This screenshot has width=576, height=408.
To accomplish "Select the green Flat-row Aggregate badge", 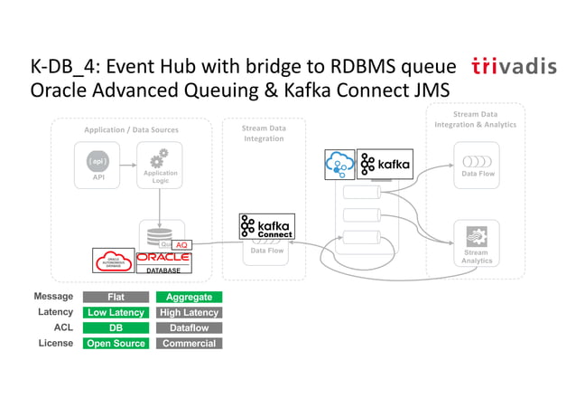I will (x=189, y=297).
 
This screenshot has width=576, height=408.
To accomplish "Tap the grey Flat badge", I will (x=116, y=297).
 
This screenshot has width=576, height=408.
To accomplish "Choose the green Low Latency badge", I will (x=116, y=312).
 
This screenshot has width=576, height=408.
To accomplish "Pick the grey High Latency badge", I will (x=189, y=312).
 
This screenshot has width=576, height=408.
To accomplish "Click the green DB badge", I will (x=116, y=327).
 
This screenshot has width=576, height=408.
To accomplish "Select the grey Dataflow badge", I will (x=189, y=327).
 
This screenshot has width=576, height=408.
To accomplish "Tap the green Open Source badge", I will (x=116, y=343).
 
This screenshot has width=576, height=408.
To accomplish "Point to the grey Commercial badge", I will (x=189, y=343).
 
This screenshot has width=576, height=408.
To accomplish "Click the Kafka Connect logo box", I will (x=266, y=226).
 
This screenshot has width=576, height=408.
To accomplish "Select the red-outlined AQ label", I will (x=181, y=245).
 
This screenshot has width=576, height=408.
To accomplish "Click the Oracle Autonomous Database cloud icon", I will (x=114, y=260).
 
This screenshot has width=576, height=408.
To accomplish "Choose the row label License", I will (x=53, y=343).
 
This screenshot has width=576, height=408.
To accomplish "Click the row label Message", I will (x=53, y=297).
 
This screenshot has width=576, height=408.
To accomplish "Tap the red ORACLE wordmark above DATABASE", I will (x=163, y=257).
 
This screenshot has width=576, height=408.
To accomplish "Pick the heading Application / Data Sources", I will (x=131, y=130).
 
